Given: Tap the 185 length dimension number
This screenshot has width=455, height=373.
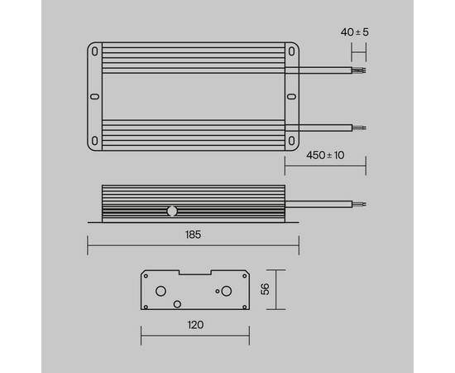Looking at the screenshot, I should (193, 235).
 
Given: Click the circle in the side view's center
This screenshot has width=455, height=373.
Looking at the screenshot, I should (173, 211).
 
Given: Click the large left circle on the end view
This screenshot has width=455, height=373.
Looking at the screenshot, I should (161, 291).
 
